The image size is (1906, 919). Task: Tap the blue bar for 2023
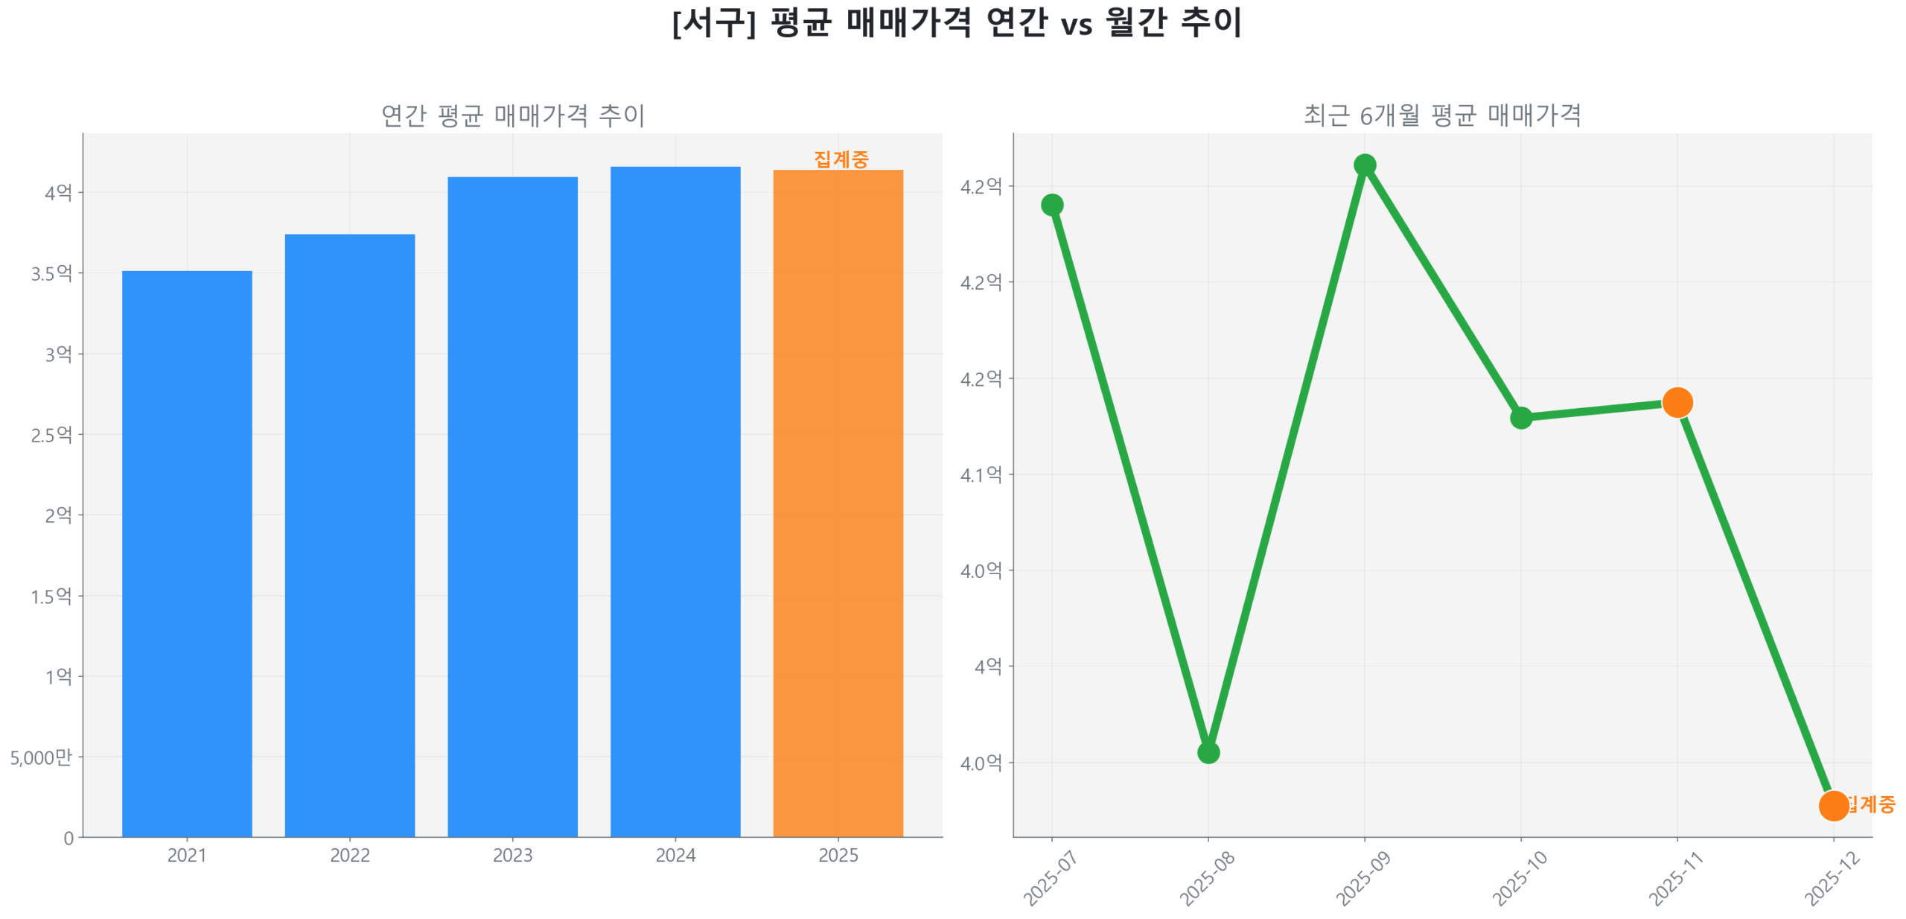(x=512, y=506)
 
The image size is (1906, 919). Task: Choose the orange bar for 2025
(x=838, y=503)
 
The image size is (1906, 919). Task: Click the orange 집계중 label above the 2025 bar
(x=841, y=159)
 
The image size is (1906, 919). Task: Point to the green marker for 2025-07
(x=1051, y=205)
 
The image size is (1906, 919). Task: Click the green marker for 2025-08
(x=1208, y=752)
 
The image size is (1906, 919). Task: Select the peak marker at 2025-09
(x=1364, y=165)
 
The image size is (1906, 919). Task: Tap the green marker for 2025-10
(x=1520, y=418)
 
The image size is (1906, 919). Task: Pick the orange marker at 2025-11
(x=1677, y=403)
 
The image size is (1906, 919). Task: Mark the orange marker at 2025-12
(x=1833, y=805)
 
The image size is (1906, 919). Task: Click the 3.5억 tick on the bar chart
(x=51, y=273)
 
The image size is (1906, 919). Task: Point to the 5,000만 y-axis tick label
(x=41, y=757)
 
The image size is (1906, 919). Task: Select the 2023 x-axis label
(x=512, y=854)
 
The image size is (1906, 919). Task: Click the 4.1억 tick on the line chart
(x=981, y=474)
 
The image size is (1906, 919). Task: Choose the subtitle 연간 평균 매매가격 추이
(x=512, y=115)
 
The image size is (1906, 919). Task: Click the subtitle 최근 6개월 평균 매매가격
(x=1441, y=115)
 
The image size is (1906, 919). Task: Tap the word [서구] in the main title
(x=713, y=22)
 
